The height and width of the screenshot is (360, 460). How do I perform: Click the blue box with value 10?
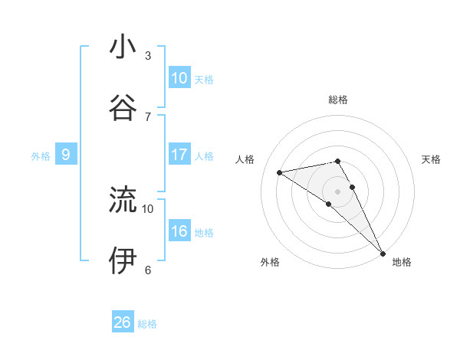(179, 78)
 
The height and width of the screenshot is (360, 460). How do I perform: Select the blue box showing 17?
(179, 155)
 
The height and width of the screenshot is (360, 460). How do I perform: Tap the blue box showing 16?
(179, 231)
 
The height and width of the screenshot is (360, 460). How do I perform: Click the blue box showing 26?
(123, 322)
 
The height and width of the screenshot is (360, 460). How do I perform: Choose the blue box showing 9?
(66, 155)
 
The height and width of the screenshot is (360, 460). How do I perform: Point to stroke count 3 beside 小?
(148, 56)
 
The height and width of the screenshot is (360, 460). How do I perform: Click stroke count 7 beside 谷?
(148, 116)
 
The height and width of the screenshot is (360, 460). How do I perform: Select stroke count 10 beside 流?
(148, 208)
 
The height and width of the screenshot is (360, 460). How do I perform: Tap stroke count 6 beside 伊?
(148, 270)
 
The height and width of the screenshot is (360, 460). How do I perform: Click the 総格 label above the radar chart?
(338, 100)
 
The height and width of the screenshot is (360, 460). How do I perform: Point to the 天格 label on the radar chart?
(432, 159)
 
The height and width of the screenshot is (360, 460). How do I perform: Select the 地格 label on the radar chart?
(402, 262)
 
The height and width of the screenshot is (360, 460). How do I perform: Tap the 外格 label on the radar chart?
(270, 262)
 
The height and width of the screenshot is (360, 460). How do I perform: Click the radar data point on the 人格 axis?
(279, 172)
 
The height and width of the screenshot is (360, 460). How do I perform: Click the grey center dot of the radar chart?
(338, 190)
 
